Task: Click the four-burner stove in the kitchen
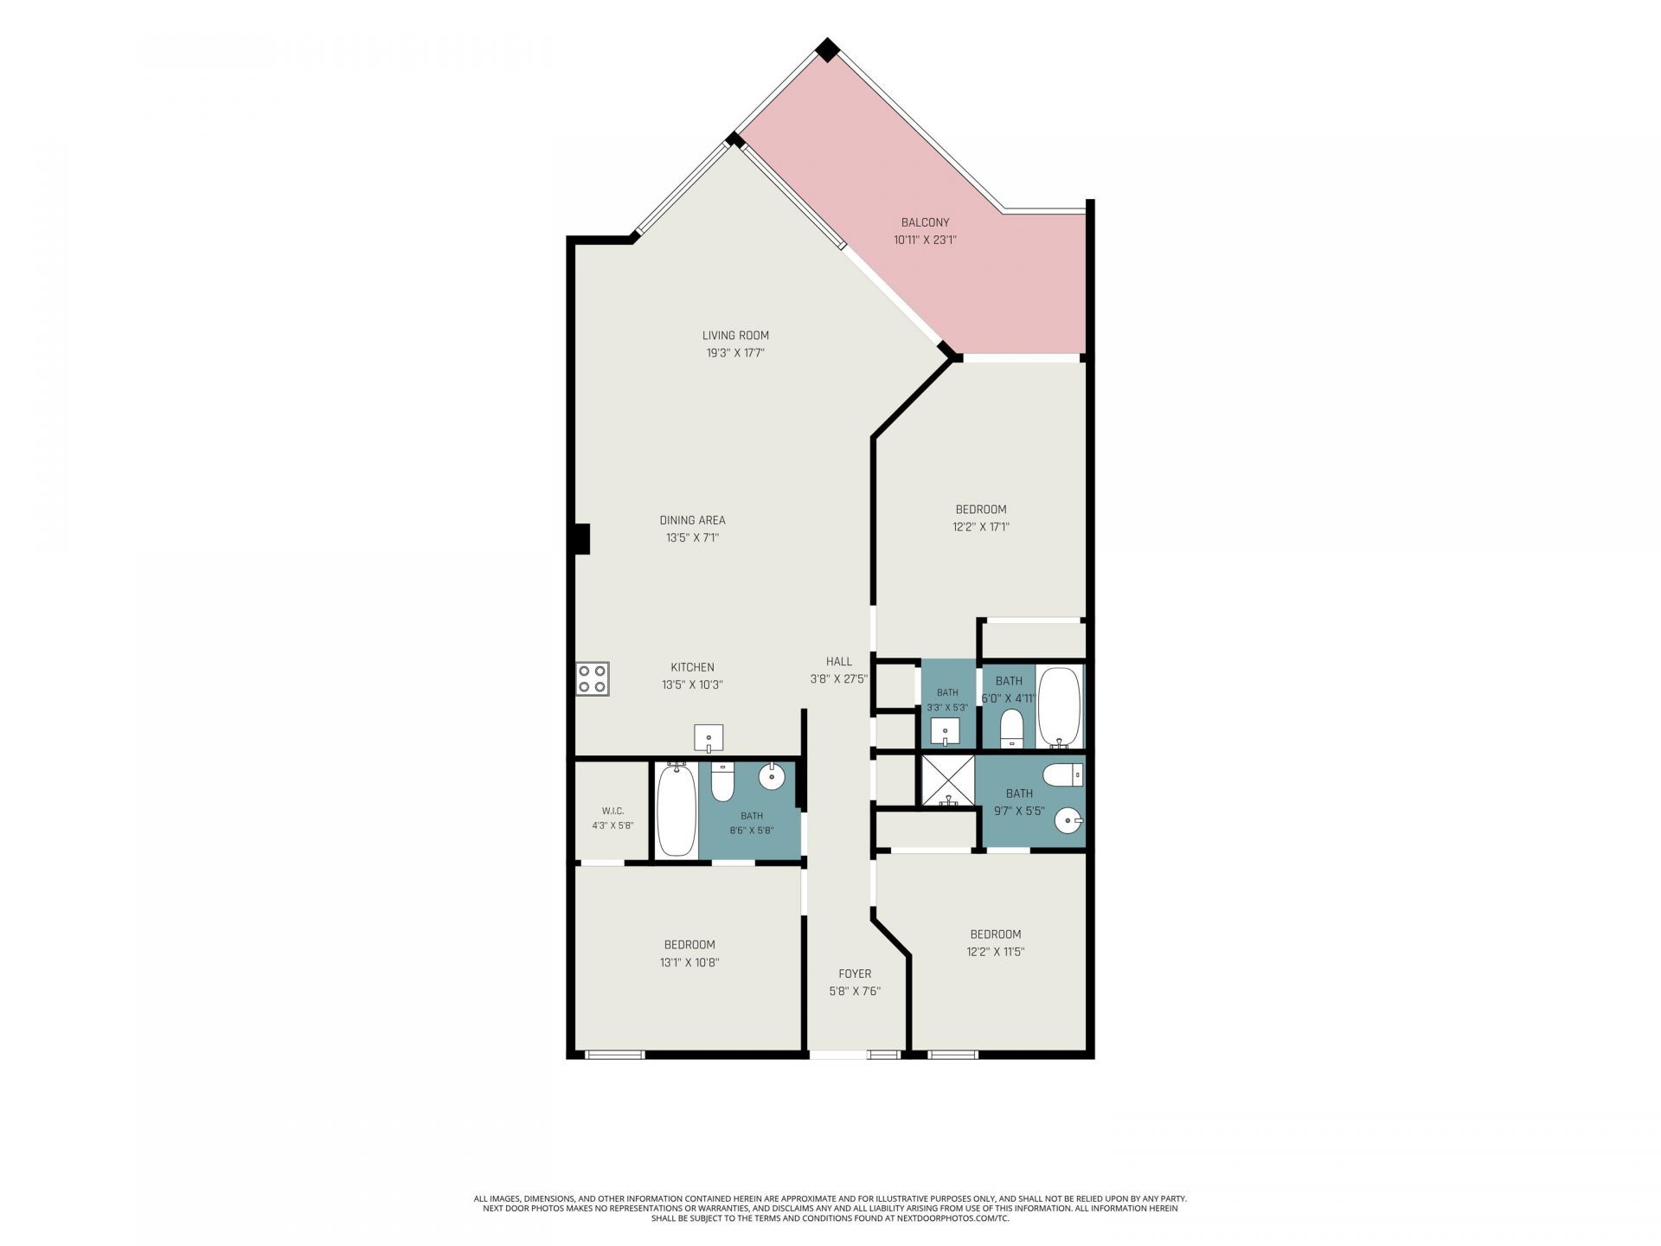(x=593, y=678)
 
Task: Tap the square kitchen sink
(x=709, y=739)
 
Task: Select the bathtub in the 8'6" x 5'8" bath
(x=676, y=810)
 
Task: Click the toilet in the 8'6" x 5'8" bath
(x=721, y=781)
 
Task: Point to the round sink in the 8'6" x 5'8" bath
(x=771, y=777)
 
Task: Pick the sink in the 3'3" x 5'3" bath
(x=946, y=732)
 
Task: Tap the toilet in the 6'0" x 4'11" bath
(x=1012, y=729)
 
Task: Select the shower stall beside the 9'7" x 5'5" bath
(x=948, y=781)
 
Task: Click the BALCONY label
(x=925, y=223)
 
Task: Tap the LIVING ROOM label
(x=735, y=336)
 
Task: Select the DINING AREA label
(x=692, y=520)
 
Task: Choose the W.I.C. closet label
(x=612, y=811)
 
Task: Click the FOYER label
(x=855, y=974)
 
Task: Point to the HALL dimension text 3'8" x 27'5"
(x=838, y=679)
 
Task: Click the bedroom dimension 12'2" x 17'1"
(x=981, y=527)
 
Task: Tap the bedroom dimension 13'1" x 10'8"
(x=689, y=962)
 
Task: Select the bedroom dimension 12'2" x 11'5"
(x=996, y=952)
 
